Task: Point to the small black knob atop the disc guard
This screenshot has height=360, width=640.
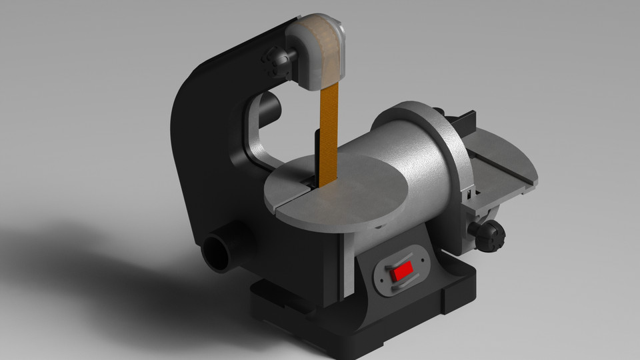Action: pyautogui.click(x=438, y=111)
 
